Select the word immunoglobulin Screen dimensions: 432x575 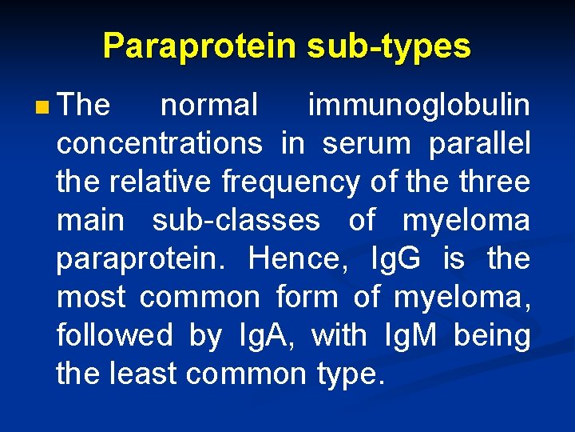pyautogui.click(x=418, y=105)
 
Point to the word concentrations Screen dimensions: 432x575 pyautogui.click(x=159, y=143)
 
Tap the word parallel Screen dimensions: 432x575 pyautogui.click(x=479, y=143)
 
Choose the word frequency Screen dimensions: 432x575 pyautogui.click(x=291, y=182)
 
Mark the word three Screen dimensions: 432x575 pyautogui.click(x=495, y=182)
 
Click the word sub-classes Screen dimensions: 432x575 pyautogui.click(x=236, y=220)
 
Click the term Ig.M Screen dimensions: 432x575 pyautogui.click(x=409, y=335)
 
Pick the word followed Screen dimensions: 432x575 pyautogui.click(x=114, y=335)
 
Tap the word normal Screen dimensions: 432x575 pyautogui.click(x=209, y=105)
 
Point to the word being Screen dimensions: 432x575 pyautogui.click(x=491, y=335)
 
